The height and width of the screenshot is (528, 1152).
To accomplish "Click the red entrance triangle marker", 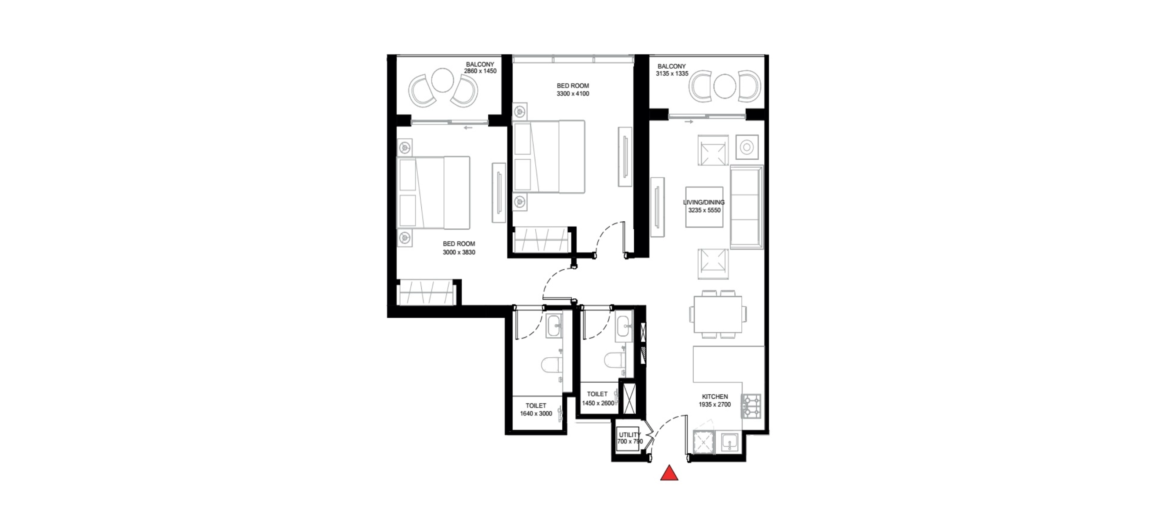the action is [x=669, y=473].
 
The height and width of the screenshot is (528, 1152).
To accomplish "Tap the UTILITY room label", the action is [x=629, y=435].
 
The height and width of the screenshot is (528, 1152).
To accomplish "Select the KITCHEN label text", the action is [x=714, y=396].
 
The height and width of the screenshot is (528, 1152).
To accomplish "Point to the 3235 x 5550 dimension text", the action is [x=704, y=210].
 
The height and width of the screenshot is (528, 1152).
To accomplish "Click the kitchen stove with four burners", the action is [x=751, y=406].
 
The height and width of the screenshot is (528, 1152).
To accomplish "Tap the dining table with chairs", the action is [x=718, y=314].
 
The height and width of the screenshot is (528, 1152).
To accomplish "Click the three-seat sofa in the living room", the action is [x=747, y=207].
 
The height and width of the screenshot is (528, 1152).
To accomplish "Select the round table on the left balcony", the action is [x=443, y=80].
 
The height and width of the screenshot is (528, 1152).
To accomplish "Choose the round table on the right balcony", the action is [x=725, y=86].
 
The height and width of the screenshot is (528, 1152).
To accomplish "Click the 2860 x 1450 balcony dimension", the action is [x=480, y=71].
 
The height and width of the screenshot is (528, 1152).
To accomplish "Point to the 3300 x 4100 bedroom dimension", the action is [x=573, y=94].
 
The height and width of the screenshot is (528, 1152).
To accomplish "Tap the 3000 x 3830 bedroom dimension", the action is [x=459, y=253].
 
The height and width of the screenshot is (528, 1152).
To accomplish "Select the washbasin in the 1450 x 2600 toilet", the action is [x=624, y=325].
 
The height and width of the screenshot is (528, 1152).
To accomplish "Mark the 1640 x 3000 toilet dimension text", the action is [x=536, y=414].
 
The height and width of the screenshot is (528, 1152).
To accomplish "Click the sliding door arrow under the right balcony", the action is [x=689, y=121].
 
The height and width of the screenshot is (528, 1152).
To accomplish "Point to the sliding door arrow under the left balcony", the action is [x=468, y=128].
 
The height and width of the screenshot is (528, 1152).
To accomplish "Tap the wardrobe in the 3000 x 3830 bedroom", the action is [x=426, y=293].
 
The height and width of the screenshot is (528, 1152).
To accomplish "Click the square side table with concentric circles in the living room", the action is [x=747, y=147].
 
